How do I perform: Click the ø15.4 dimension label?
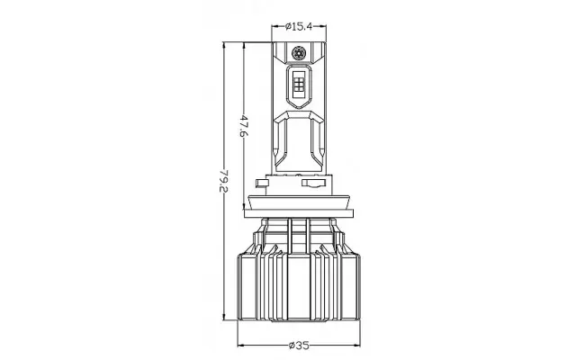pyautogui.click(x=299, y=26)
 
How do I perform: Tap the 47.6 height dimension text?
pyautogui.click(x=243, y=126)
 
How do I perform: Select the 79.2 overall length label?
pyautogui.click(x=223, y=181)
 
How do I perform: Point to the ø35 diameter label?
pyautogui.click(x=299, y=346)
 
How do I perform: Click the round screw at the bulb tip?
pyautogui.click(x=299, y=52)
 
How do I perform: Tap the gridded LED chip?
pyautogui.click(x=299, y=82)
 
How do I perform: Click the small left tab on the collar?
pyautogui.click(x=262, y=183)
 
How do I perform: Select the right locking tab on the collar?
pyautogui.click(x=314, y=183)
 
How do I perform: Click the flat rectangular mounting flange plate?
pyautogui.click(x=299, y=213)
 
